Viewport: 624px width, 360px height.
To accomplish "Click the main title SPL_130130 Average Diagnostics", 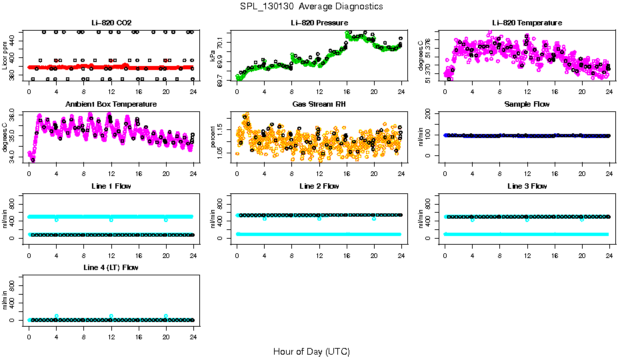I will pos(312,6).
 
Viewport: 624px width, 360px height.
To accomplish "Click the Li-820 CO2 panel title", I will pos(111,23).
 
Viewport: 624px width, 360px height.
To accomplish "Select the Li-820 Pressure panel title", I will pos(319,23).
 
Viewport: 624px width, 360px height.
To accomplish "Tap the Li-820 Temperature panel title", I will pos(527,23).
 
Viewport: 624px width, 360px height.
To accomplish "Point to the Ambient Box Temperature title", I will pos(111,105).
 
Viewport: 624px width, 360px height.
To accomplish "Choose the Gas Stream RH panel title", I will pos(319,105).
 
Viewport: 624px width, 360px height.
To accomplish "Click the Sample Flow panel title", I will pos(527,105).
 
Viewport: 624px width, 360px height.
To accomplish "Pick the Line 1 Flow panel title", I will pos(111,186).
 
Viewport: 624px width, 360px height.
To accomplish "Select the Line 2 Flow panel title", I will pos(319,186).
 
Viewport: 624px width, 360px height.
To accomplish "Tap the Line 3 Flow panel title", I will pos(527,186).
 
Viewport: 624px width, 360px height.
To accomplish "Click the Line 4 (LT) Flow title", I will pos(111,267).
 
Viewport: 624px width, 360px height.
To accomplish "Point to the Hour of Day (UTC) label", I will pos(311,351).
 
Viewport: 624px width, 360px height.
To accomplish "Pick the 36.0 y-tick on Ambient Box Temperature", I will pos(16,116).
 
